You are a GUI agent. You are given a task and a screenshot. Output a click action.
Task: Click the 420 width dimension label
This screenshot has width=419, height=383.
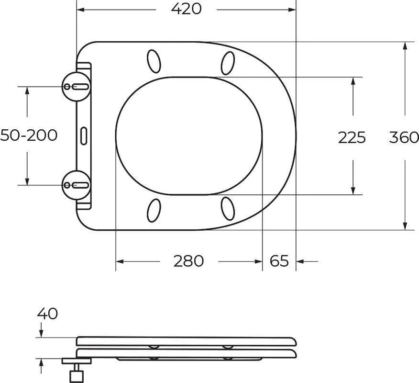[186, 9]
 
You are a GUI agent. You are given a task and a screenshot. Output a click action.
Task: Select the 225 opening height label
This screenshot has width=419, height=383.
[352, 137]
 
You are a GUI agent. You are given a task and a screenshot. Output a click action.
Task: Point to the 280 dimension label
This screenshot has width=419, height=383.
[188, 261]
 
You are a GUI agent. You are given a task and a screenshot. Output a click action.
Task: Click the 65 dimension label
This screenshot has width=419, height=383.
[279, 261]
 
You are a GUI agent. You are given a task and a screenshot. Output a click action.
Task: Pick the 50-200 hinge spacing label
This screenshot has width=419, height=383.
[29, 135]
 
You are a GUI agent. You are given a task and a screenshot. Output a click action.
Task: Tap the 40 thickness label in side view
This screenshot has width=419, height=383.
[47, 314]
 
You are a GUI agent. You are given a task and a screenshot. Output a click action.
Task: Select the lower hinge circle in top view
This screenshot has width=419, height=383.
[77, 185]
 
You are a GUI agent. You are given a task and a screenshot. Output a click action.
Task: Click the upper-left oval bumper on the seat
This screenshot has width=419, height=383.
[154, 61]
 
